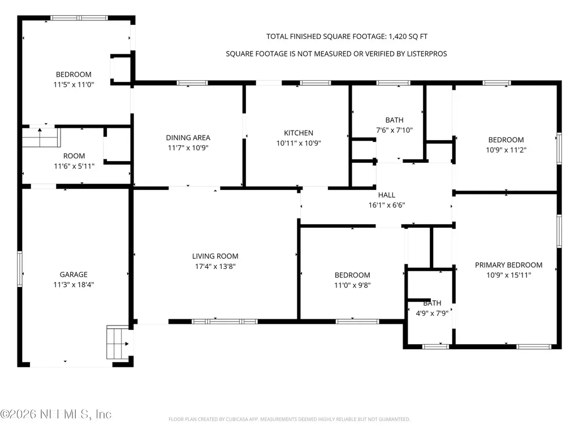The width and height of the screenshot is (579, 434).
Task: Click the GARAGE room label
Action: [74, 275]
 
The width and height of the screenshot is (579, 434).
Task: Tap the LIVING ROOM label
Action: [215, 256]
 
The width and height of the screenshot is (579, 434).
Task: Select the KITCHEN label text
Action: [299, 133]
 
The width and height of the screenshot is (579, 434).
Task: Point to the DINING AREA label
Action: [188, 138]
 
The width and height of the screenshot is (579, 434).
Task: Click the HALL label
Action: [387, 195]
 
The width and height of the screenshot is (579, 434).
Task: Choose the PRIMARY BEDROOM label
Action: [508, 265]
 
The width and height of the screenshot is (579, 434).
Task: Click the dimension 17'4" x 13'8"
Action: [215, 266]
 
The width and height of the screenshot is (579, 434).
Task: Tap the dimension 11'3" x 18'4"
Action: [74, 285]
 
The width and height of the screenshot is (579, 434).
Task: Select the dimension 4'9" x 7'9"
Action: [432, 313]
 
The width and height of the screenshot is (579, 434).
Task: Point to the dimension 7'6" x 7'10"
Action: [394, 130]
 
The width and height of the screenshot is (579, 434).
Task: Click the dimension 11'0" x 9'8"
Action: [352, 285]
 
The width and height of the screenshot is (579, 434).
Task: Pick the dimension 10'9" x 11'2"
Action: [506, 150]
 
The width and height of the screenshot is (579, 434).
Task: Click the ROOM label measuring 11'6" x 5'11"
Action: [74, 156]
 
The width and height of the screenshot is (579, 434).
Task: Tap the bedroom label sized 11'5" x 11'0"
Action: [74, 75]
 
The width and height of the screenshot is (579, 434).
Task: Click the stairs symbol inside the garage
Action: [118, 342]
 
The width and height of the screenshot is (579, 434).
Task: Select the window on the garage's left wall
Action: [20, 269]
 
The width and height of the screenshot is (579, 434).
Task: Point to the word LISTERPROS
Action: [427, 54]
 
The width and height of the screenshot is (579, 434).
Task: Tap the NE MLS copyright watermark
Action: [56, 414]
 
